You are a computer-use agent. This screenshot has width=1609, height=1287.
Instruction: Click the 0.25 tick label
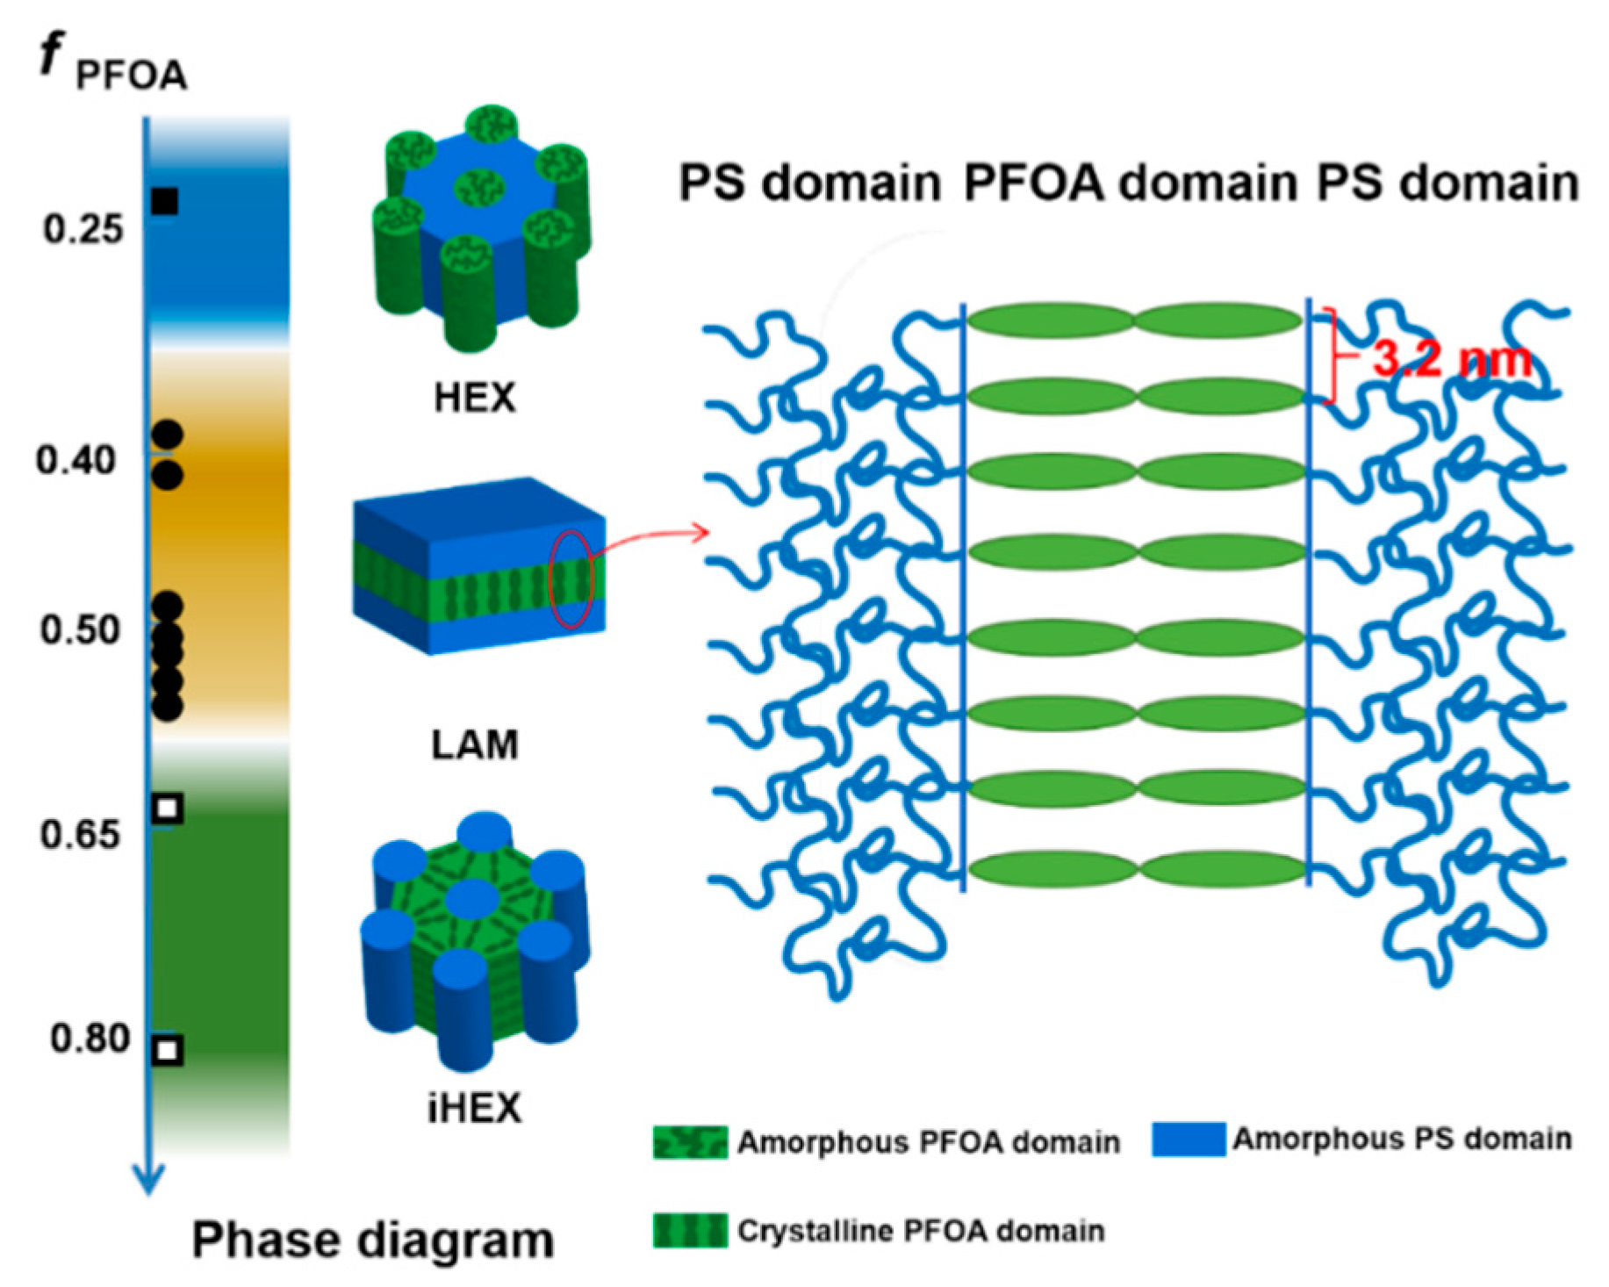point(83,230)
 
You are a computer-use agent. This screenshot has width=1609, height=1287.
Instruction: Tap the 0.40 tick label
point(76,460)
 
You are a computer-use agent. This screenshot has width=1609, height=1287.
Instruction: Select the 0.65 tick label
point(80,834)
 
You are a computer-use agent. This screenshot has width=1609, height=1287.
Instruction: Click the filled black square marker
point(164,201)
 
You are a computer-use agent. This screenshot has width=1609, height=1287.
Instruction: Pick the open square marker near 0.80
point(168,1050)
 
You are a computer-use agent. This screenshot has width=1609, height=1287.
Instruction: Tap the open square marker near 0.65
point(168,808)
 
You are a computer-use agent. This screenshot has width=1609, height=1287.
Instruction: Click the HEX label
point(474,398)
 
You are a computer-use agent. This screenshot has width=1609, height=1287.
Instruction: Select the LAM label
point(474,744)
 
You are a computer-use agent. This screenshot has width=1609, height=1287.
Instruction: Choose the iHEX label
point(474,1108)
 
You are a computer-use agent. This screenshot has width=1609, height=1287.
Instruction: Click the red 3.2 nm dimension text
point(1452,358)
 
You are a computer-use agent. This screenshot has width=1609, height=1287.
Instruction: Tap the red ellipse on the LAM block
point(571,579)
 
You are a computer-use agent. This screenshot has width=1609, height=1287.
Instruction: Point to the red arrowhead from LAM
point(702,532)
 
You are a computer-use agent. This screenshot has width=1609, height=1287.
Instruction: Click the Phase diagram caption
point(373,1240)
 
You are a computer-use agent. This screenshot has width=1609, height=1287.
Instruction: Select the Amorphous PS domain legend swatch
point(1189,1139)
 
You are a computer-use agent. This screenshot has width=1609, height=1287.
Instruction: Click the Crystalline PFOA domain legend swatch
point(690,1230)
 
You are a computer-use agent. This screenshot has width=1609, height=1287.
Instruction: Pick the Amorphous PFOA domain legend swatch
point(690,1141)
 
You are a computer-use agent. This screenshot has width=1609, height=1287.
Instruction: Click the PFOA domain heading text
point(1130,183)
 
